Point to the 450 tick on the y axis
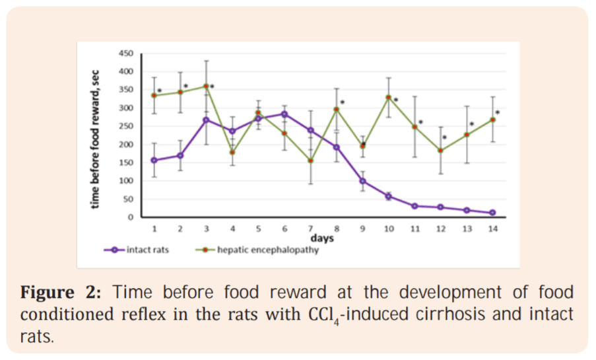[126, 54]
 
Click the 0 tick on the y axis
[130, 217]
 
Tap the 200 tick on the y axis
[126, 145]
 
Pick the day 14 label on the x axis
[492, 228]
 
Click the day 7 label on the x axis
[310, 228]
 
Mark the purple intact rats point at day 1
[154, 160]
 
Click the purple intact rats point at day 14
[492, 213]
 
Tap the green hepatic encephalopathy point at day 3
[206, 86]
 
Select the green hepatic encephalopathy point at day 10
[388, 97]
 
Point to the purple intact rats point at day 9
[362, 181]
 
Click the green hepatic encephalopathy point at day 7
[310, 161]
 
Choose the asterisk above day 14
[498, 113]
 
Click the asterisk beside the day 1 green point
[160, 91]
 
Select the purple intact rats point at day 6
[284, 114]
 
